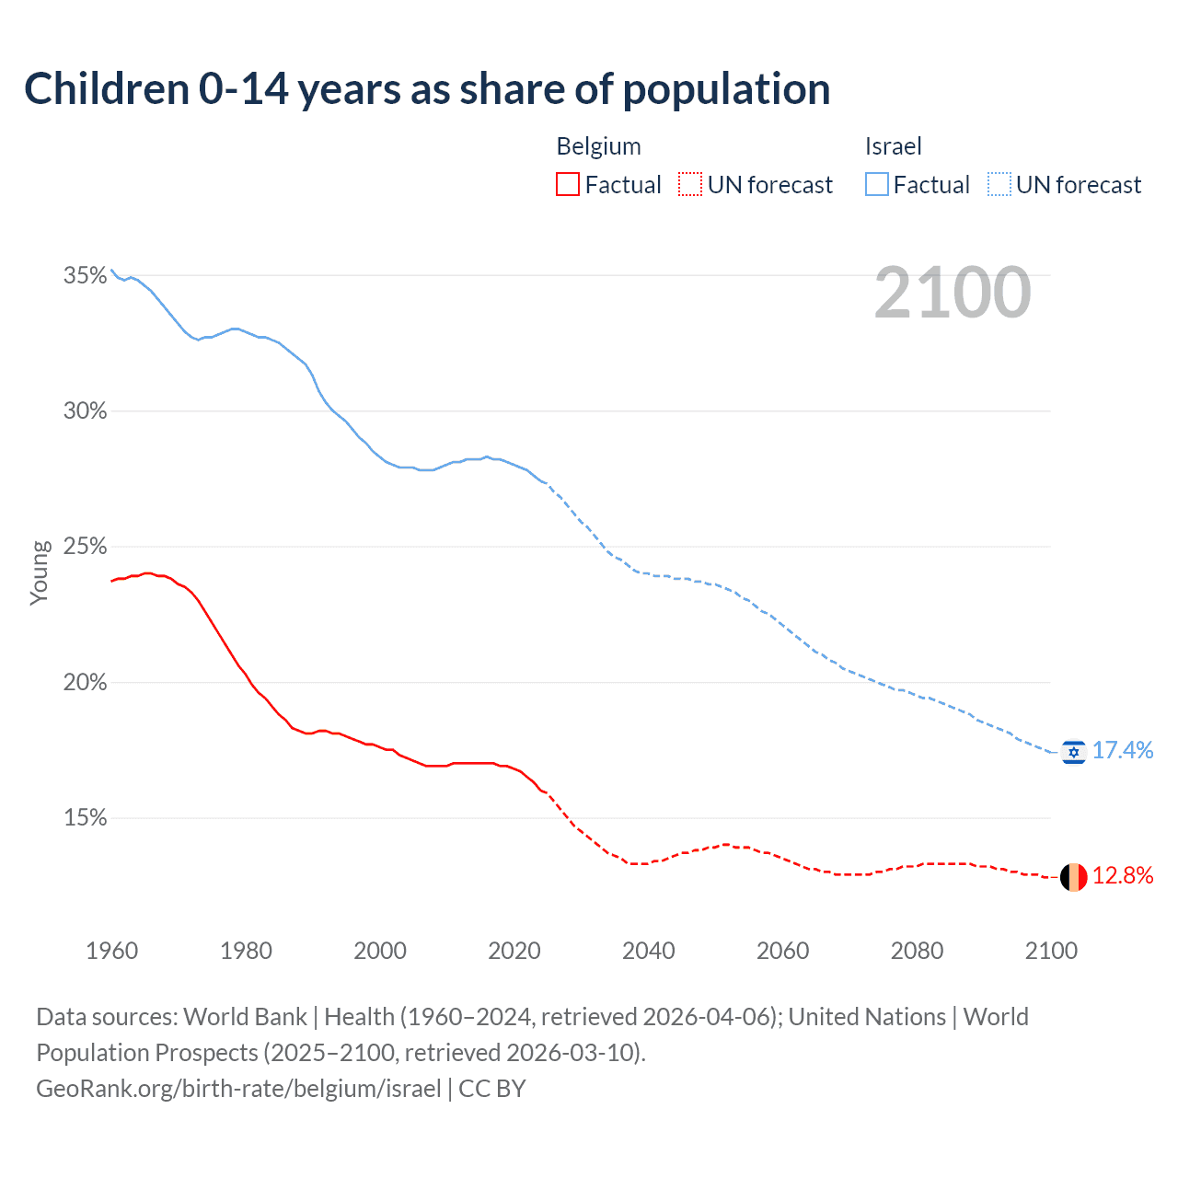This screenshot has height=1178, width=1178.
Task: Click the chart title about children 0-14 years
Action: point(427,89)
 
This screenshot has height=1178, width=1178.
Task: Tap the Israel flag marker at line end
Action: point(1073,752)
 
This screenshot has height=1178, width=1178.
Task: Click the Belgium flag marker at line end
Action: point(1073,877)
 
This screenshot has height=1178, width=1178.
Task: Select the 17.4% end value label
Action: point(1123,751)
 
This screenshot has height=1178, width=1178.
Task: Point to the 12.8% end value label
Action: point(1123,875)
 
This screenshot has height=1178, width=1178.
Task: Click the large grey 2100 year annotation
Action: point(953,293)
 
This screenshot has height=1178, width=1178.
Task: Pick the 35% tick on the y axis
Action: point(85,275)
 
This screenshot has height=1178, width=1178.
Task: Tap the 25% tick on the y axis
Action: point(85,547)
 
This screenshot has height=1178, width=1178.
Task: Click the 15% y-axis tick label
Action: point(85,818)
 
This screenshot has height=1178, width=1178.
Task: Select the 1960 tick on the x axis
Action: point(111,951)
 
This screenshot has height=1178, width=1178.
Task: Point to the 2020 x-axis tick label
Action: point(514,951)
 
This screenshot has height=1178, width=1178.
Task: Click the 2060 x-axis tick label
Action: point(783,951)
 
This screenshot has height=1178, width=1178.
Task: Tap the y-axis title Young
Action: point(39,572)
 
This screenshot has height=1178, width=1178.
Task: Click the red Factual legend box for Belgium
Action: point(568,185)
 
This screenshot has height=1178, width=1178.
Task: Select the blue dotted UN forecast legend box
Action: point(999,185)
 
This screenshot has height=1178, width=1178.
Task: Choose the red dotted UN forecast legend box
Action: point(690,185)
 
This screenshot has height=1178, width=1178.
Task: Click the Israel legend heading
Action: point(893,146)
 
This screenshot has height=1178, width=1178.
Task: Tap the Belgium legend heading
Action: point(598,146)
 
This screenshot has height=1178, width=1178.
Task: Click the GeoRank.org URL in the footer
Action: point(238,1089)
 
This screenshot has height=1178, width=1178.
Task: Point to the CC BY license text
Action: point(492,1089)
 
